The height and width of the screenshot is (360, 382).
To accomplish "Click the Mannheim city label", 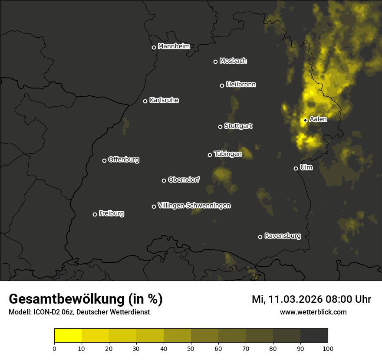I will pos(174,46).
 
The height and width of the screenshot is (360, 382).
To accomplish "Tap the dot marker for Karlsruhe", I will pos(145,101).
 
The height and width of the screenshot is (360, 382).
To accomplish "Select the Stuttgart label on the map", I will pos(238,126).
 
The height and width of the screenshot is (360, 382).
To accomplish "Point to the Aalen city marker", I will pos(305,120).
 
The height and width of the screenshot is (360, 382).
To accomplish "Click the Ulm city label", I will pos(306,167).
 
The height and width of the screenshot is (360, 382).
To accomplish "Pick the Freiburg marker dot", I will pos(95,214).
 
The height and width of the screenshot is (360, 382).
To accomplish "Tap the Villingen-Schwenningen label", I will pos(194,206).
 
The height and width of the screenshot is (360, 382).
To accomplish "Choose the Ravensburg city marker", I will pos(260,237).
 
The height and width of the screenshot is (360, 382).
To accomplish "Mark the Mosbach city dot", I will pos(215,62).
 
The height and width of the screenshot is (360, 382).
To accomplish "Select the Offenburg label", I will pos(124,160).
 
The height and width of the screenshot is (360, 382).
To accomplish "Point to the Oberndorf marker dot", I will pos(164,180).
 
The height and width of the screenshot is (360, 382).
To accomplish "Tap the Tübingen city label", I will pos(228,154).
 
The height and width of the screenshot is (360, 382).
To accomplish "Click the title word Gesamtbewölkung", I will pos(67,299).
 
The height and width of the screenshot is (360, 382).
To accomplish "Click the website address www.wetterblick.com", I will pos(313,312).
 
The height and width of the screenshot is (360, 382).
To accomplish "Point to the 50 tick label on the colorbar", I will pos(191,348).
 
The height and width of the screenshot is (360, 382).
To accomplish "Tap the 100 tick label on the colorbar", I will pos(328,348).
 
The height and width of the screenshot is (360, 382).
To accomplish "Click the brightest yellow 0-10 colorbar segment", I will pos(68,336).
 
